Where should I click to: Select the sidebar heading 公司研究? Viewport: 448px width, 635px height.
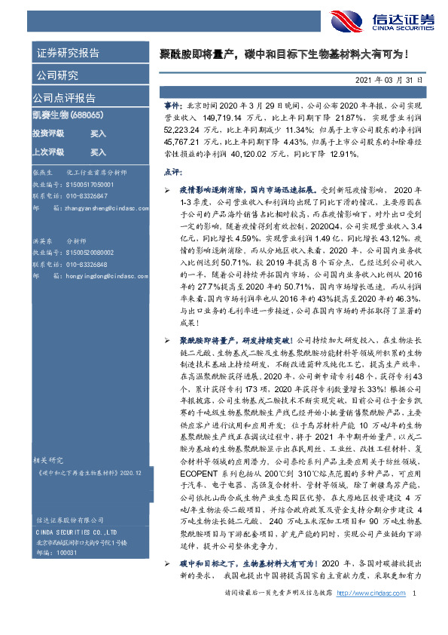click(56, 75)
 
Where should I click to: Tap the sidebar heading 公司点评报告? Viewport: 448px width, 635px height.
click(64, 98)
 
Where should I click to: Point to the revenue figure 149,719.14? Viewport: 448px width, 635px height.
click(224, 118)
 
